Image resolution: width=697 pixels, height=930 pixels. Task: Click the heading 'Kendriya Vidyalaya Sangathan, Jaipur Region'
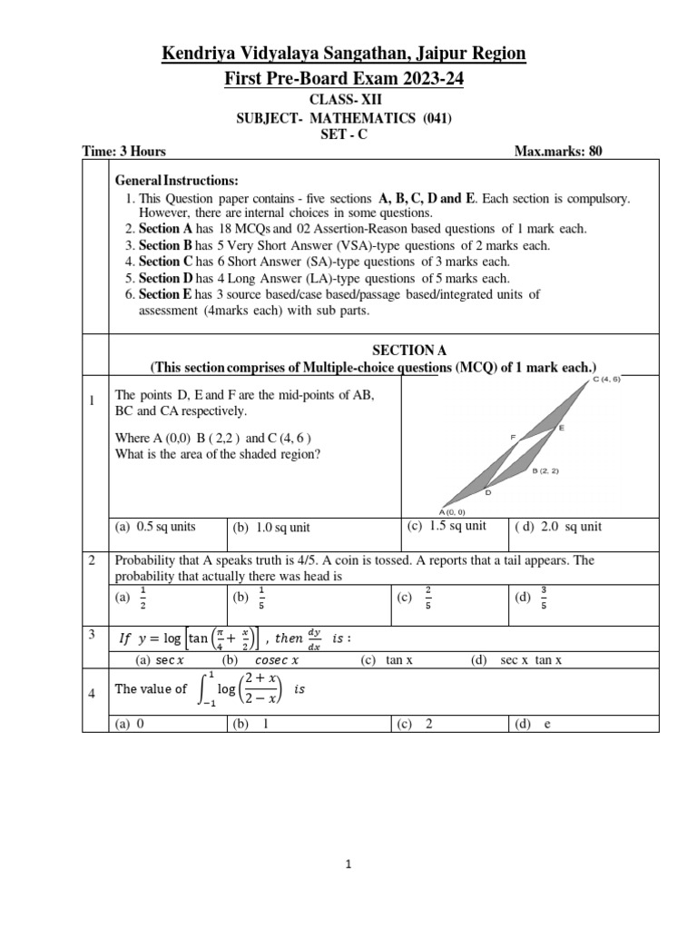(343, 54)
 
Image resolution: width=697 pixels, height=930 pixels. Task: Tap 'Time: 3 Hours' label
(124, 152)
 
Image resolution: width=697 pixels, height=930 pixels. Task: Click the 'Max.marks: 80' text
(558, 152)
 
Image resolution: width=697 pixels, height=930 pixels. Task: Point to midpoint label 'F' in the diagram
(513, 438)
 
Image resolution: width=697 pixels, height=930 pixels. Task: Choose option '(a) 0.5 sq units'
(155, 527)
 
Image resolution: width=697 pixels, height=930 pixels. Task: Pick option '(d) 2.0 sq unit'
(558, 527)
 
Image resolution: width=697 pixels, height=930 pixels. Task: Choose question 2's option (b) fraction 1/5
(251, 598)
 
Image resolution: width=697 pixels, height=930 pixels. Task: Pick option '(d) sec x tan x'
(517, 660)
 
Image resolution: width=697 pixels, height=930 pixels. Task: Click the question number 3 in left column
(93, 634)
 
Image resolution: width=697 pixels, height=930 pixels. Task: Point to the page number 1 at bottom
(348, 866)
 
